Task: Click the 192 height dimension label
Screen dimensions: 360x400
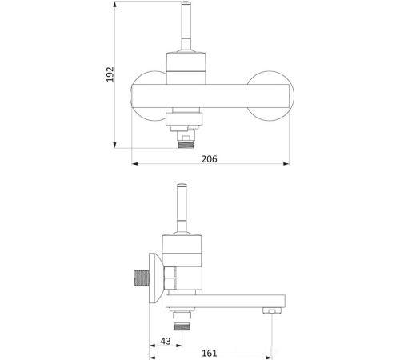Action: pos(110,74)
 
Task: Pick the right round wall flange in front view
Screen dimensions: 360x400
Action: pos(270,95)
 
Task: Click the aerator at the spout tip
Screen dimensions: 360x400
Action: pos(272,310)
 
